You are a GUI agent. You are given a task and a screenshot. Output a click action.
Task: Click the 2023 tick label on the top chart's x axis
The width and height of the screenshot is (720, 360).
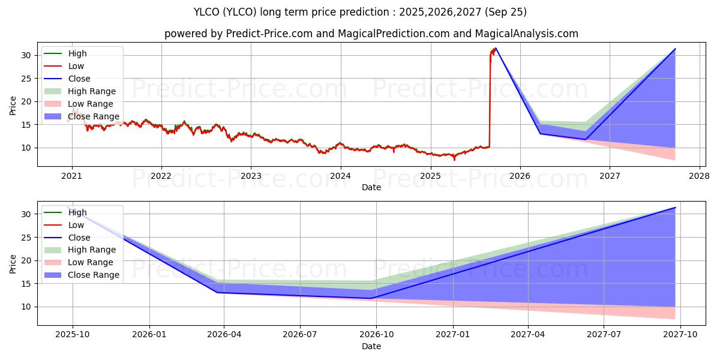click(x=251, y=176)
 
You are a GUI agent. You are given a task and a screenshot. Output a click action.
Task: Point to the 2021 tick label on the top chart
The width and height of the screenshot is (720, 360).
click(x=72, y=176)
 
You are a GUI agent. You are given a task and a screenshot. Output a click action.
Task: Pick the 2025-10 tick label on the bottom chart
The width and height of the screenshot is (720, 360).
click(x=73, y=335)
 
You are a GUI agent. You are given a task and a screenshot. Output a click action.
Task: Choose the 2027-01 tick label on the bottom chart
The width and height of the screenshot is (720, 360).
click(x=453, y=335)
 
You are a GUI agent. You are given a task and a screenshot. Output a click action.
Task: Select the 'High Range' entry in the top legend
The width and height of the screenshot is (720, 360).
click(x=92, y=91)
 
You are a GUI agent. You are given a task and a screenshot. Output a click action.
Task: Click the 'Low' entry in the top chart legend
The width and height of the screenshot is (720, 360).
click(x=76, y=66)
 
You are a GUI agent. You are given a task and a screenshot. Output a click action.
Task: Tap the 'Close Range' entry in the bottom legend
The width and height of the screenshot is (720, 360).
click(x=94, y=275)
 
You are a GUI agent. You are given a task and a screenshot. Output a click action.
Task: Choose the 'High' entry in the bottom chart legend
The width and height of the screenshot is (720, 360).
click(x=77, y=212)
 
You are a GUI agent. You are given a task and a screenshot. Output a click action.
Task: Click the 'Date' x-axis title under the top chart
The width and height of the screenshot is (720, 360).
click(x=371, y=187)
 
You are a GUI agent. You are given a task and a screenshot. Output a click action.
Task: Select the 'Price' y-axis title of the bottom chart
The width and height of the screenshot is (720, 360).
click(x=13, y=263)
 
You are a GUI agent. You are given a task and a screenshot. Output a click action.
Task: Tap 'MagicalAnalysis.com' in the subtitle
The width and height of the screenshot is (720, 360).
click(x=526, y=34)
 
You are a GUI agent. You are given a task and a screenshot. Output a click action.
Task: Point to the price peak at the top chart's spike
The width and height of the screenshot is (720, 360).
click(x=495, y=48)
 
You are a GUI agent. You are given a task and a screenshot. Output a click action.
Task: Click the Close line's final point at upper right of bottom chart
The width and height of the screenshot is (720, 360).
click(x=675, y=208)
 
